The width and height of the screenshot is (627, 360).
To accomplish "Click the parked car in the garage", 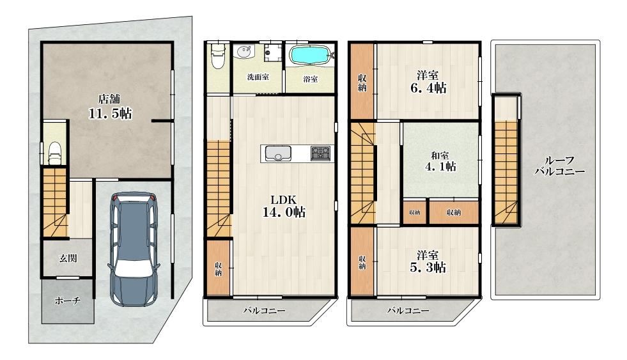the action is (134, 249).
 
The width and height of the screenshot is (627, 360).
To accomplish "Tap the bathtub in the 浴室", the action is (310, 55).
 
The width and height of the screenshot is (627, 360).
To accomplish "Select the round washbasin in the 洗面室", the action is (244, 52).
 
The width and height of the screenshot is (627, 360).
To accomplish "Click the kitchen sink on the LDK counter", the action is (278, 153).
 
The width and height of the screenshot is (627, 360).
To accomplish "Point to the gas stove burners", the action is (321, 153).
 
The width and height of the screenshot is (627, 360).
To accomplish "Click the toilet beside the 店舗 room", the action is (55, 152).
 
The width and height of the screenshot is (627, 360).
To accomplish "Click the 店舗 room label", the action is (109, 98).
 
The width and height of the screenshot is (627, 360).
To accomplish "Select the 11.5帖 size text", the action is (110, 114).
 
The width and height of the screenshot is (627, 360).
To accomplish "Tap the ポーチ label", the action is (68, 301).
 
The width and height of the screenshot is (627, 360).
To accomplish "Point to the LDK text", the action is (283, 200).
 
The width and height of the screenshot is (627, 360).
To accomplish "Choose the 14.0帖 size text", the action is (284, 212).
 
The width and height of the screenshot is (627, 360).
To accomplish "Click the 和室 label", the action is (440, 155).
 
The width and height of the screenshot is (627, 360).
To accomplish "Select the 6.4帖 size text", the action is (428, 88).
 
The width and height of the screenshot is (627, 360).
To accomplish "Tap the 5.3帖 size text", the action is (428, 267).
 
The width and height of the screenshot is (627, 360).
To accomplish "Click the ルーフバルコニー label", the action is (560, 166).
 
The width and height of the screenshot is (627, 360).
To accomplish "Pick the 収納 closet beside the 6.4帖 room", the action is (362, 81).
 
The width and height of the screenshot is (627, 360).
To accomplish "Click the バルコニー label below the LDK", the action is (265, 310).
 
